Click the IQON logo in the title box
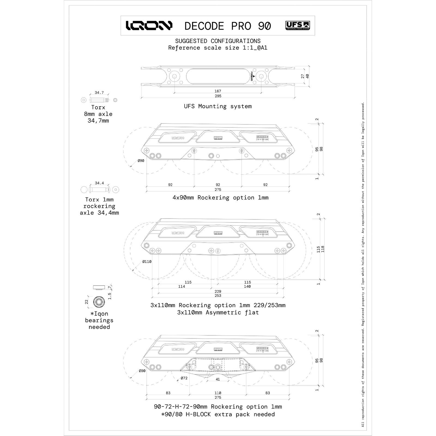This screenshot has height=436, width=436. point(149,26)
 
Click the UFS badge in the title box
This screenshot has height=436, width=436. point(298,26)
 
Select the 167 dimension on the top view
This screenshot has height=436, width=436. point(218,91)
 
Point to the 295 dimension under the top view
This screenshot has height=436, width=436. point(218,96)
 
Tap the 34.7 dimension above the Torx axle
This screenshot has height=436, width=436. point(99,93)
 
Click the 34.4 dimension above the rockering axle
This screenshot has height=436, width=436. point(99,183)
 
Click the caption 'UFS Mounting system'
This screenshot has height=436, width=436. point(218,106)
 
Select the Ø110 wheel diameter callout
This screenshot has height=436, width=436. point(147,262)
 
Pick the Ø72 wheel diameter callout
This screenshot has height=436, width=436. point(184,378)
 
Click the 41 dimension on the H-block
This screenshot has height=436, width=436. point(218,379)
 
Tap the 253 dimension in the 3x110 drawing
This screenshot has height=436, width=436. point(218,296)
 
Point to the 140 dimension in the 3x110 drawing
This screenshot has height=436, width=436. point(247,286)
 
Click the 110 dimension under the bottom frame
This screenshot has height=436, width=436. point(218,393)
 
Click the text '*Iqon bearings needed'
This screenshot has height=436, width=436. point(99,320)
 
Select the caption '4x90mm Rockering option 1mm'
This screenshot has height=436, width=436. point(220,198)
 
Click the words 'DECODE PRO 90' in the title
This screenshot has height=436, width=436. point(228,26)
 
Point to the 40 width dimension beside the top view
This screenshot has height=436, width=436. point(308,76)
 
